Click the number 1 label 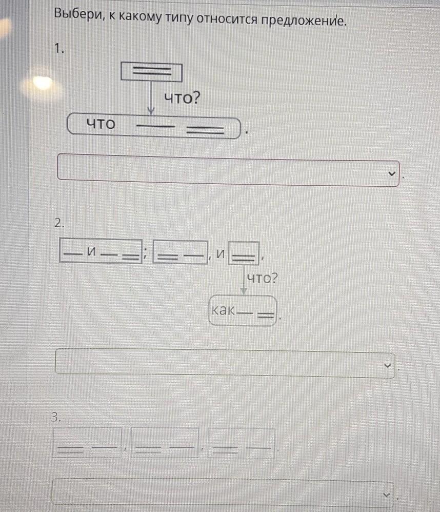[59, 49]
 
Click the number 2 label [59, 223]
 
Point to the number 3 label [56, 417]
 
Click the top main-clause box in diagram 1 [151, 71]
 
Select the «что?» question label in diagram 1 [182, 97]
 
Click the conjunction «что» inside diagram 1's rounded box [101, 124]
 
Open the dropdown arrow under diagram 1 [391, 174]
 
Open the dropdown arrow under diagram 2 [387, 365]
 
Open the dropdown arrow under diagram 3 [386, 495]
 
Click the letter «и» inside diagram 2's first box [93, 251]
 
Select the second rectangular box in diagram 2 [180, 252]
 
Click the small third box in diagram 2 [244, 253]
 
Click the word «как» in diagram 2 [223, 310]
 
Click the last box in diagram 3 [241, 443]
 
